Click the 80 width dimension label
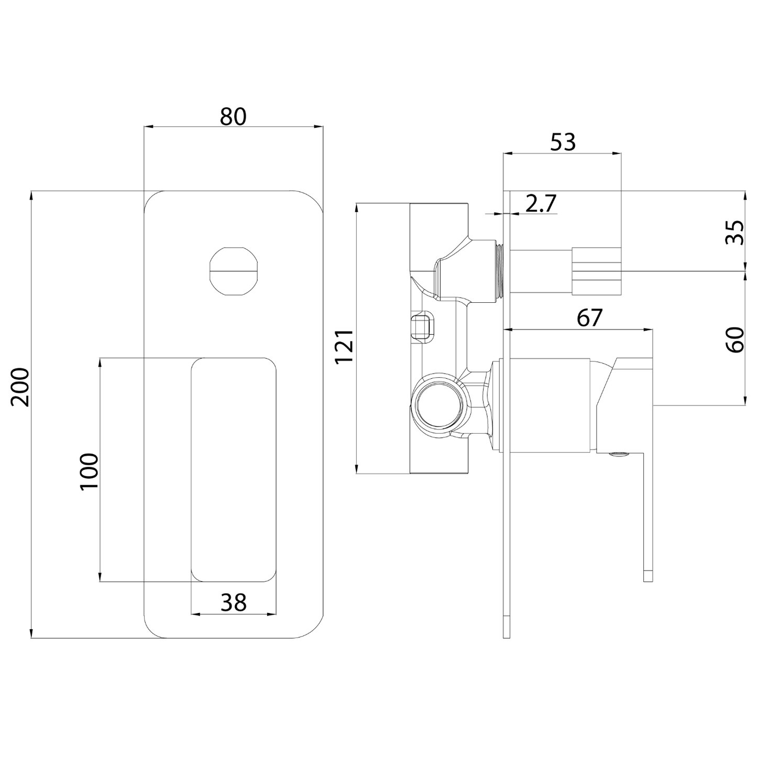233,117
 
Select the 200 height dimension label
21,387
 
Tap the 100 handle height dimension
90,470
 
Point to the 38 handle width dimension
233,602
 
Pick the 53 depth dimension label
563,142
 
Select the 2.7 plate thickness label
540,204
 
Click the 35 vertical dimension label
735,232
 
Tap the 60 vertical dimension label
735,339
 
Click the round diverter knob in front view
234,271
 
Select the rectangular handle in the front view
234,469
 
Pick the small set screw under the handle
619,455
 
